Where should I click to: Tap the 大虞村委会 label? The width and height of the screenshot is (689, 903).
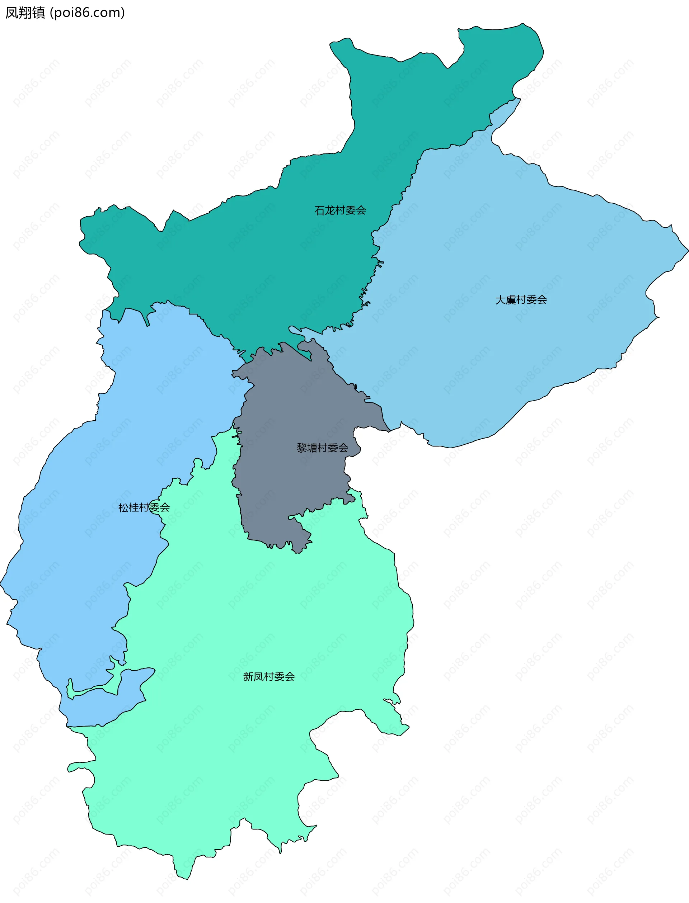pyautogui.click(x=521, y=300)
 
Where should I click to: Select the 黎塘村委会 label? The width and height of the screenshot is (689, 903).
pyautogui.click(x=322, y=448)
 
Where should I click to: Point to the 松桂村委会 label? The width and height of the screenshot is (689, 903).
pyautogui.click(x=144, y=507)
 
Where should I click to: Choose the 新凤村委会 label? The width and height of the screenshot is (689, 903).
pyautogui.click(x=269, y=676)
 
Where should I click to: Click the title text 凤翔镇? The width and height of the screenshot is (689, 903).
pyautogui.click(x=25, y=13)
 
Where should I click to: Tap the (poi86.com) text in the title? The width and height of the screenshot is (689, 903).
pyautogui.click(x=87, y=13)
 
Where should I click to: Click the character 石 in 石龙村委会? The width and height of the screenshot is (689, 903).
pyautogui.click(x=319, y=210)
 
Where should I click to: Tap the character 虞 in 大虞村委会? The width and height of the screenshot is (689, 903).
pyautogui.click(x=511, y=300)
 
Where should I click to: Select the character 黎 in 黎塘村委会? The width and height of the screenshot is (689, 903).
pyautogui.click(x=302, y=448)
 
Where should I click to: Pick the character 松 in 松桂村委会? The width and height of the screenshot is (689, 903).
pyautogui.click(x=123, y=507)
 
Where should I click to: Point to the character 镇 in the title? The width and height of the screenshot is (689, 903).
pyautogui.click(x=38, y=13)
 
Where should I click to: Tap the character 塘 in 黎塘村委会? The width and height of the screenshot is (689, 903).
pyautogui.click(x=312, y=448)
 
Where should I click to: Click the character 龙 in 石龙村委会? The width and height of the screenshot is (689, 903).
pyautogui.click(x=330, y=210)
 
